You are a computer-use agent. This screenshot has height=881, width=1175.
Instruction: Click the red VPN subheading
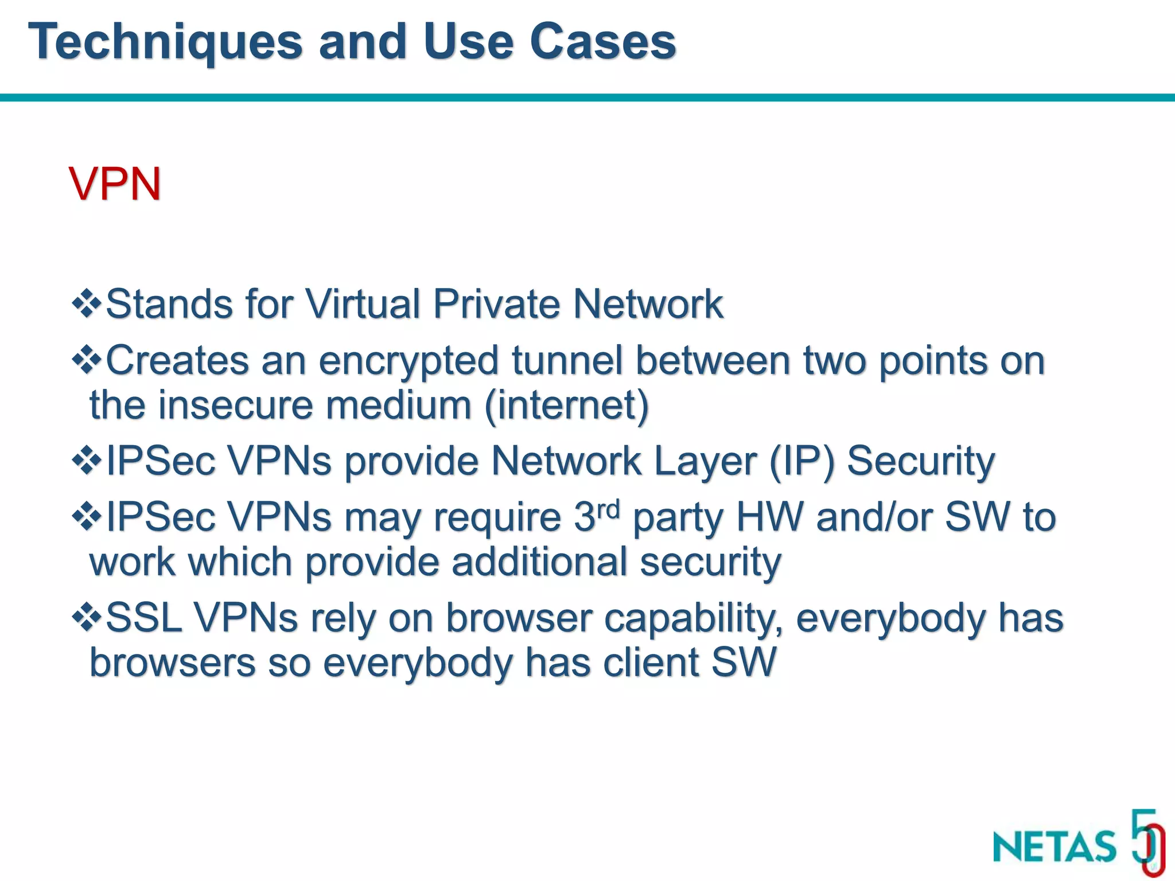pos(115,184)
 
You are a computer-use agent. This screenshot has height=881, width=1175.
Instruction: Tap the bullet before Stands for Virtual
pos(87,303)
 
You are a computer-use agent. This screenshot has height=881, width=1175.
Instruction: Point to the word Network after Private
pos(648,303)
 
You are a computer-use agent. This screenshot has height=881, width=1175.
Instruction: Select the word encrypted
pos(408,362)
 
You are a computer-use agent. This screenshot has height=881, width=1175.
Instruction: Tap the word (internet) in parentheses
pos(567,406)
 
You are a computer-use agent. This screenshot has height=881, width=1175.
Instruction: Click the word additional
pos(539,562)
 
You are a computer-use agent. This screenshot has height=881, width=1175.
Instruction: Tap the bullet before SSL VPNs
pos(87,618)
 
